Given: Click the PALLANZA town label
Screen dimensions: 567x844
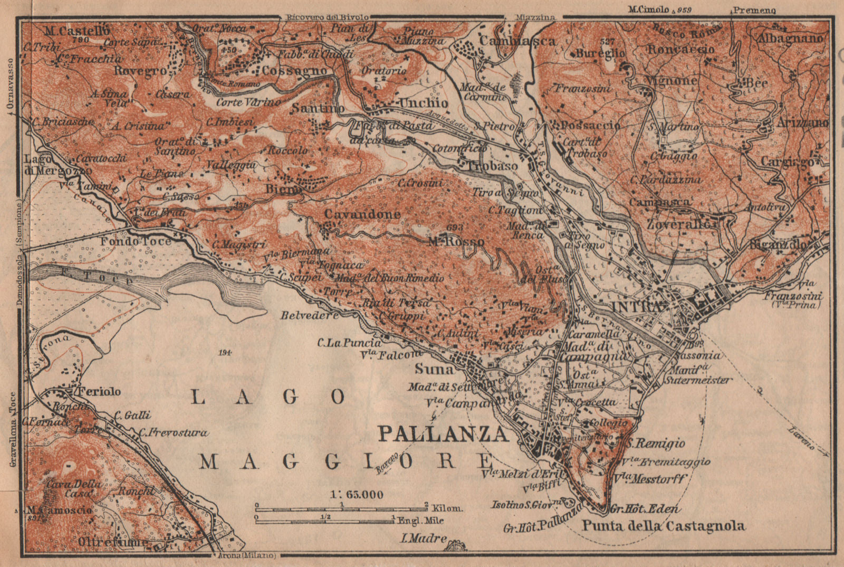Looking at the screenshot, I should pos(443,434).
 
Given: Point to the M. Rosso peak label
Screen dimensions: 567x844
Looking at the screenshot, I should pos(456,241).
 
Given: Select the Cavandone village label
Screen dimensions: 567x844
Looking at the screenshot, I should pos(362,214).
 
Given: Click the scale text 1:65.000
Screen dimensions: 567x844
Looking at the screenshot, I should pos(357,495).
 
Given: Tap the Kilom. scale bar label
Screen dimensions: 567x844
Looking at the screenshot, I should pos(447,508).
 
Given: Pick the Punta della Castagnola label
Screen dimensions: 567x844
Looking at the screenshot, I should pos(663,526).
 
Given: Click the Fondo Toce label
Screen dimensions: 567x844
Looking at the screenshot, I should pos(136,241).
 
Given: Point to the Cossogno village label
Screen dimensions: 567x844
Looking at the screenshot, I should pos(302,71).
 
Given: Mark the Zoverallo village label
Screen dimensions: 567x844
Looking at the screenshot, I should pos(678,224).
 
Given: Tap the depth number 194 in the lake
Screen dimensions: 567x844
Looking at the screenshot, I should pos(227,352).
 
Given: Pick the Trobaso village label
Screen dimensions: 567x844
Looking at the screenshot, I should pos(492,166).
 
